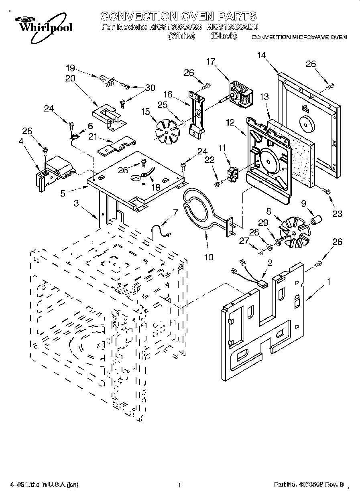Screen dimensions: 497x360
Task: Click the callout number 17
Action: click(211, 61)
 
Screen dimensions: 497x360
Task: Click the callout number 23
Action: click(337, 214)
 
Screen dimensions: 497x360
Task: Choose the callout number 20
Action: click(70, 79)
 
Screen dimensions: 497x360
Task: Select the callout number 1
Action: click(329, 282)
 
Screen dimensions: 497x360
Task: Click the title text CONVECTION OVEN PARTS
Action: click(178, 16)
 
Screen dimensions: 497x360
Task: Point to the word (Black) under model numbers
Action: click(224, 36)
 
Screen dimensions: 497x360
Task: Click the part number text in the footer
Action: click(309, 485)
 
